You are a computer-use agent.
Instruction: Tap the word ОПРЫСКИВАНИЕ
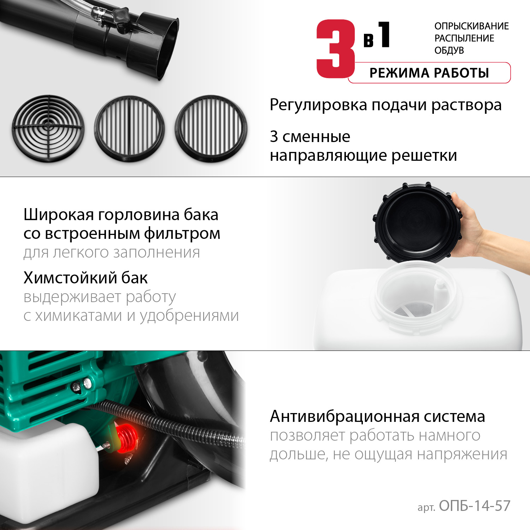(471, 26)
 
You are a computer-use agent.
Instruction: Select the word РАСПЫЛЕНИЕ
(464, 38)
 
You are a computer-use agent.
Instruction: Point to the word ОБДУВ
(449, 51)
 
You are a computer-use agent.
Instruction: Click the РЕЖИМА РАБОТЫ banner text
(429, 73)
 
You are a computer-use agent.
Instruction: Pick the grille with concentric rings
(48, 128)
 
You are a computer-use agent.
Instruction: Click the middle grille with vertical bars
(129, 128)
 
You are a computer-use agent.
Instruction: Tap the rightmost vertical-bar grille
(211, 128)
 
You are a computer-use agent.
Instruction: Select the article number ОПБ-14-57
(475, 506)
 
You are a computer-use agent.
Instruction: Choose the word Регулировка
(318, 105)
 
